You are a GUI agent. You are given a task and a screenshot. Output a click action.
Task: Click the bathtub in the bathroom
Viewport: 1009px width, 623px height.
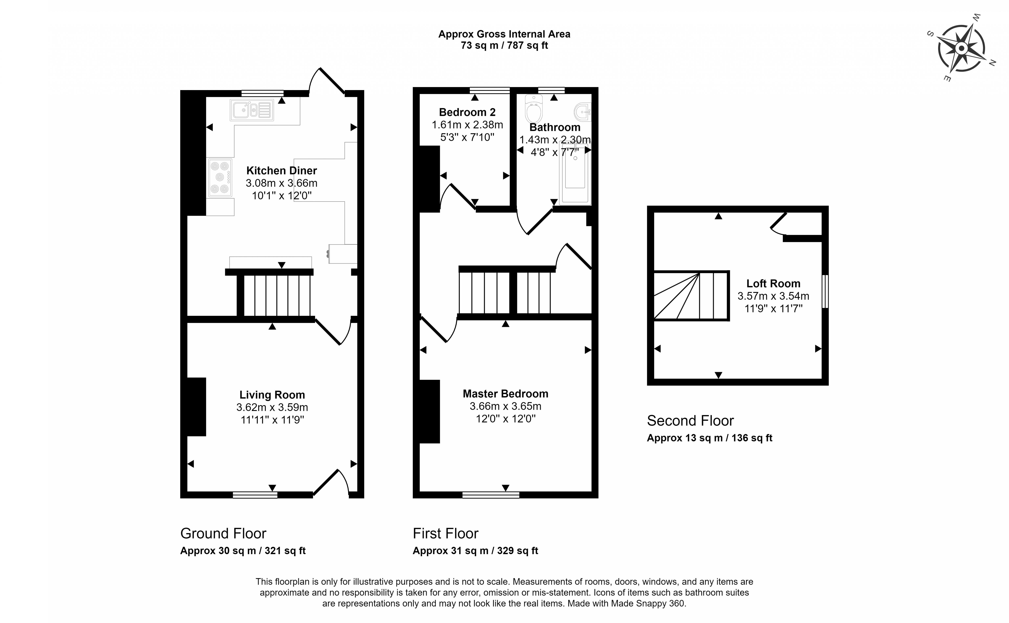click(x=575, y=175)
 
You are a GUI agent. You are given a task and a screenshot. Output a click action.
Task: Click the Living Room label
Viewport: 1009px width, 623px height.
click(x=272, y=395)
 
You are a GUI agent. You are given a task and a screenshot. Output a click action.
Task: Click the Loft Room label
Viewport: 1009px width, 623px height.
click(x=773, y=284)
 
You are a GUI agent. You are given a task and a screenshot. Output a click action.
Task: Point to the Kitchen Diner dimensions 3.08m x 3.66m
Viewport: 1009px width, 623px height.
click(x=282, y=183)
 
